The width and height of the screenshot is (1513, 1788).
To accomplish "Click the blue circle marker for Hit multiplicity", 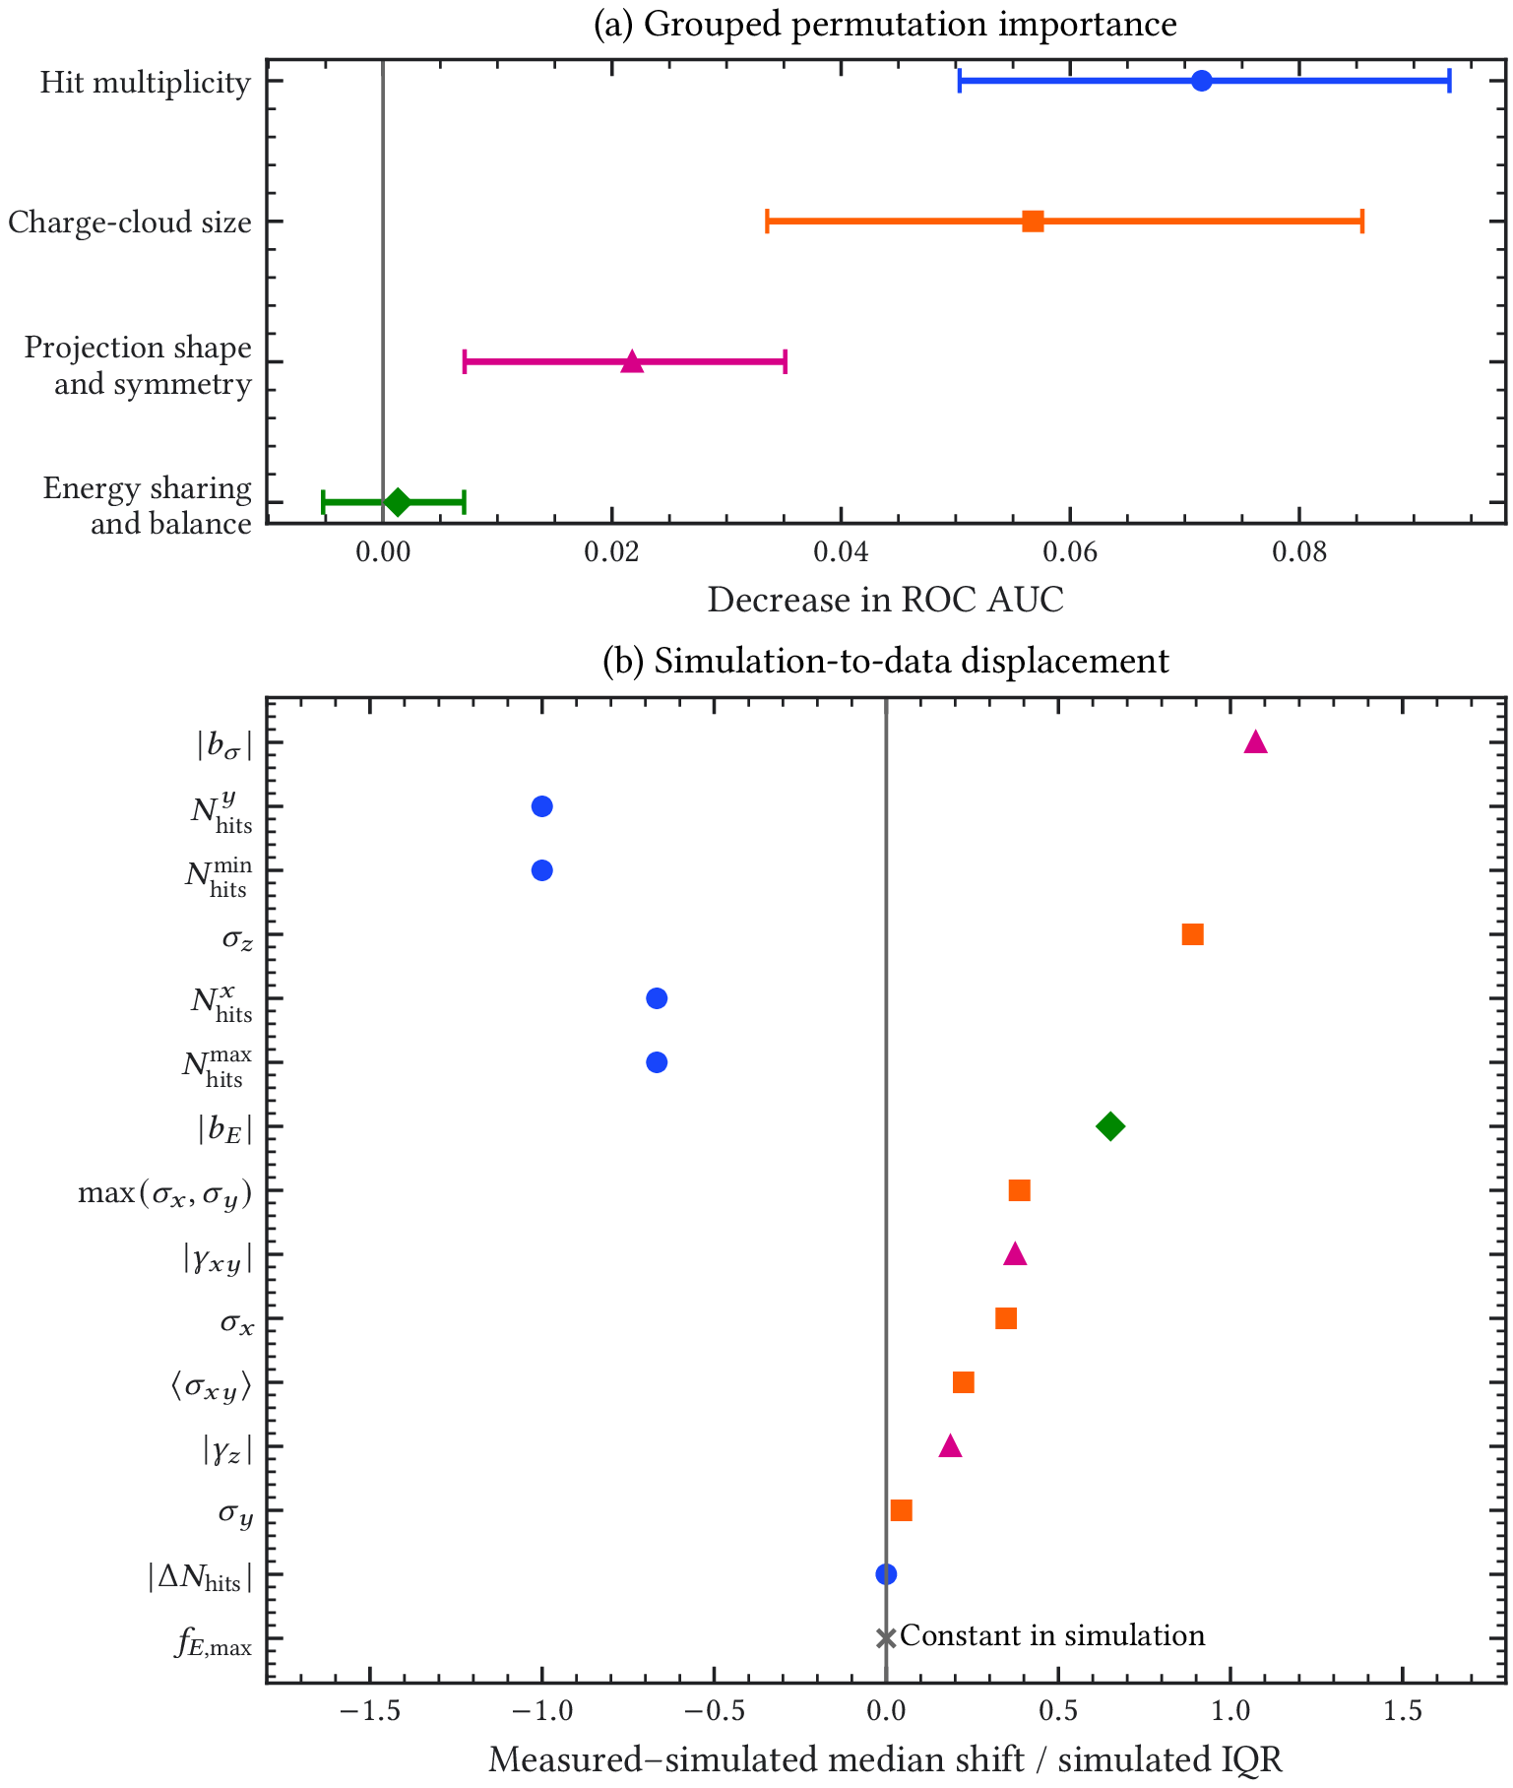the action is click(1201, 81).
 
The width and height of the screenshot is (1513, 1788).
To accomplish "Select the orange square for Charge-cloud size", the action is click(1033, 222).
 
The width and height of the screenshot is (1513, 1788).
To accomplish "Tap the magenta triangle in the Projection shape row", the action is click(632, 361).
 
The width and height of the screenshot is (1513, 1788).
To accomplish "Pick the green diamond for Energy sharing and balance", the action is click(397, 502).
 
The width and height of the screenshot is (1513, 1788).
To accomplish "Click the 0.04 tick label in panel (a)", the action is click(841, 553).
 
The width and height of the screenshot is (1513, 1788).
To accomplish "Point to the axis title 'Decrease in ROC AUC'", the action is click(886, 600).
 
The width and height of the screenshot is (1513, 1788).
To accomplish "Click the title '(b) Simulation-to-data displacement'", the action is click(886, 660).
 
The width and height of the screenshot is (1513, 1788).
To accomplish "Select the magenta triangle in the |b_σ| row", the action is click(1255, 741).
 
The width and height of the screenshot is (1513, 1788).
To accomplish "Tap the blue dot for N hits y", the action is click(541, 806).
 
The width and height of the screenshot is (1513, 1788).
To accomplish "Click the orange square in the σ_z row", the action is click(1192, 934).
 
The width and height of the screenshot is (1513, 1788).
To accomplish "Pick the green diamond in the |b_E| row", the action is click(1109, 1126).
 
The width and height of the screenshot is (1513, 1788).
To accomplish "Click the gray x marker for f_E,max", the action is click(886, 1638).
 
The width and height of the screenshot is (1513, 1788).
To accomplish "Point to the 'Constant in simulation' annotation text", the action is click(1052, 1635).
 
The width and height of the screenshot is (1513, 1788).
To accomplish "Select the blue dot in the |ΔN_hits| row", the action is click(886, 1574).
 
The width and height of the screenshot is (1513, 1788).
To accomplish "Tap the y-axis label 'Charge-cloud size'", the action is click(130, 223).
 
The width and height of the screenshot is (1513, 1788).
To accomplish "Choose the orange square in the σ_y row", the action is click(901, 1510).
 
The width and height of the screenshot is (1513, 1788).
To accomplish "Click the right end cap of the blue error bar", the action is click(1449, 81).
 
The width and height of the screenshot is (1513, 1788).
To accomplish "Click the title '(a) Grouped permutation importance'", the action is click(886, 24).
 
